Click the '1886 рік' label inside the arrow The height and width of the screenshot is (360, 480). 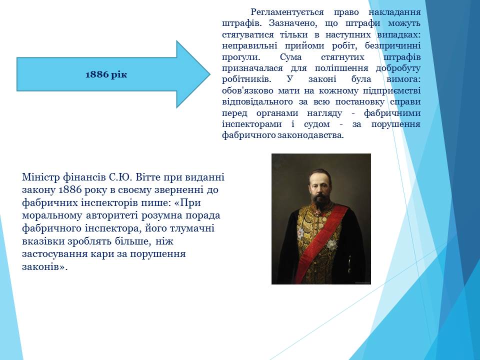[x=106, y=74]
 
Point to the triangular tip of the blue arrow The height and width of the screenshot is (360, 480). [x=210, y=74]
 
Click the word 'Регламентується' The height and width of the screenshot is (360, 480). [x=287, y=12]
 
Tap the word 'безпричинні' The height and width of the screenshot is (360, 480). [x=393, y=45]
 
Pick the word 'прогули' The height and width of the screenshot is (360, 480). [x=241, y=57]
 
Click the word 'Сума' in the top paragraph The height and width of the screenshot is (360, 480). [x=290, y=57]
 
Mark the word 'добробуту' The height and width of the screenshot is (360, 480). [x=398, y=68]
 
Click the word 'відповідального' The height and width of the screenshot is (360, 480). [x=257, y=102]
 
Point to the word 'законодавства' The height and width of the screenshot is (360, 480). [x=310, y=135]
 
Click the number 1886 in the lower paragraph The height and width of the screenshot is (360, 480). [x=70, y=190]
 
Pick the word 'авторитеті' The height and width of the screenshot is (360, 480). [x=112, y=215]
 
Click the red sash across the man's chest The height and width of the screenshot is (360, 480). [x=322, y=242]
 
